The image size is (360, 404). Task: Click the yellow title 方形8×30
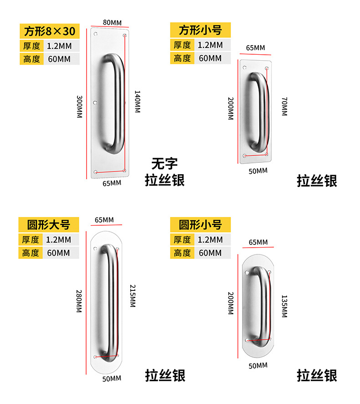click(49, 31)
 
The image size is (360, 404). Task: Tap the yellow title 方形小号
click(201, 31)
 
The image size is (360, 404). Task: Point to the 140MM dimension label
click(137, 101)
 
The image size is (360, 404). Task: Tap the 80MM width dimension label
click(112, 22)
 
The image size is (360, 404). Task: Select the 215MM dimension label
click(132, 296)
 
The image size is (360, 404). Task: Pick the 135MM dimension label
click(284, 306)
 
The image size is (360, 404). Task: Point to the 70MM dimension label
click(284, 106)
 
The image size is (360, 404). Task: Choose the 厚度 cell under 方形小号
click(182, 45)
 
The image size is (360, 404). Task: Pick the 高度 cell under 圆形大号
click(31, 253)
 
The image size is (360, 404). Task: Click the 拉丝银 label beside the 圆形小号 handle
click(317, 376)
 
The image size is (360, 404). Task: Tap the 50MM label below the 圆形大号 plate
click(112, 378)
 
